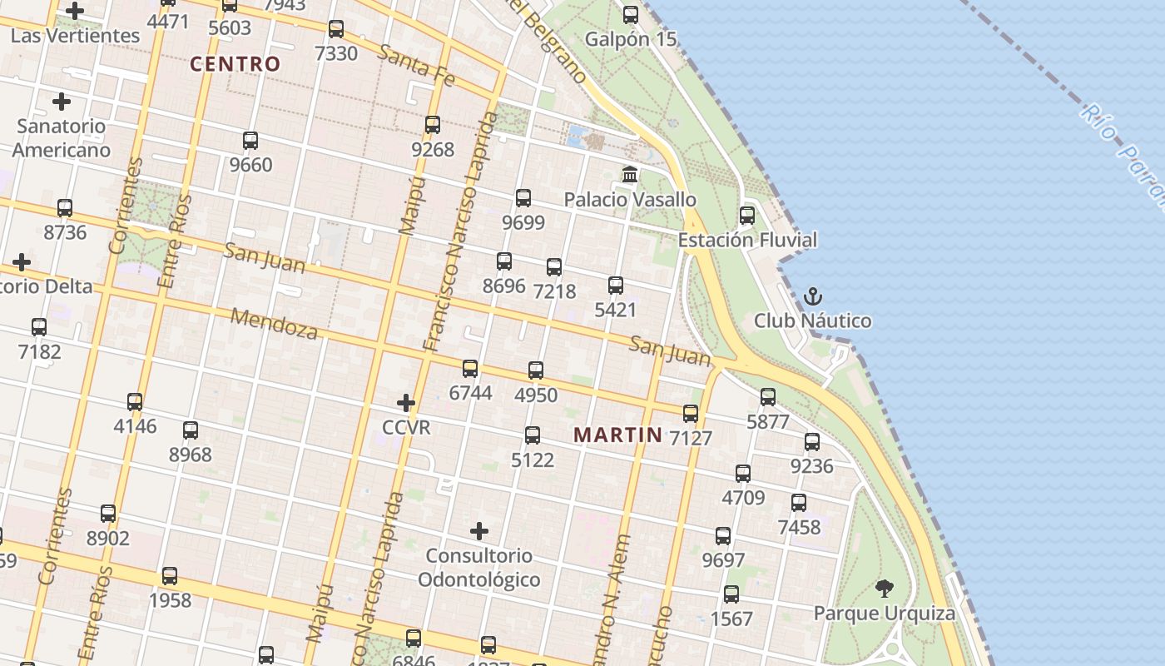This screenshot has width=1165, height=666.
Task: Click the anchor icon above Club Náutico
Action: [812, 296]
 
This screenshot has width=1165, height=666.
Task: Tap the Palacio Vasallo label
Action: [630, 200]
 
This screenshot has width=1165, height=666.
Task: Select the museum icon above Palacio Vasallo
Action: [630, 175]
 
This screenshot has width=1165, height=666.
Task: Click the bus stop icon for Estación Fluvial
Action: [747, 216]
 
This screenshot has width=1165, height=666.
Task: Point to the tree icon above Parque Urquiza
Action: [884, 589]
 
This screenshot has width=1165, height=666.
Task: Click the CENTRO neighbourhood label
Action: [235, 64]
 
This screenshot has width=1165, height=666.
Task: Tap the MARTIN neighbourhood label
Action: [617, 435]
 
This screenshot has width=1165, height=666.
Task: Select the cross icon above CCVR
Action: [406, 403]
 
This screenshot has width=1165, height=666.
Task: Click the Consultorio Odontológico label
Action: [478, 568]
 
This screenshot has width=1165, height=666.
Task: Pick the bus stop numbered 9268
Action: [433, 125]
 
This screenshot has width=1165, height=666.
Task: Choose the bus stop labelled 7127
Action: [691, 413]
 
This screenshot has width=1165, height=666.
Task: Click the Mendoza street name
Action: [274, 324]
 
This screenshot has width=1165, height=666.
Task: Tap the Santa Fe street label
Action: [416, 64]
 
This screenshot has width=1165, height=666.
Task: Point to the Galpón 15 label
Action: [631, 39]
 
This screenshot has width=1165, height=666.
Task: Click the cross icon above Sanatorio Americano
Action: [62, 102]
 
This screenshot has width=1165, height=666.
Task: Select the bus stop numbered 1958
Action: [170, 576]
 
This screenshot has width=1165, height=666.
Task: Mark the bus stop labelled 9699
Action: [523, 198]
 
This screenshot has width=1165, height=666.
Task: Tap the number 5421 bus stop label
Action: [616, 311]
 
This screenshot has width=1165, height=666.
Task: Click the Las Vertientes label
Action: [76, 36]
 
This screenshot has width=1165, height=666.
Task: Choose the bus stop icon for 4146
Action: [135, 402]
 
